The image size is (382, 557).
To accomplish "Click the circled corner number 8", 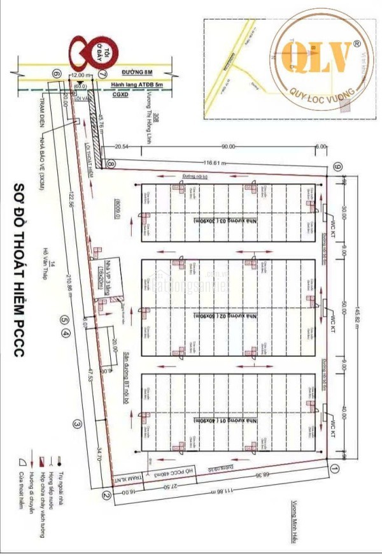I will (x=111, y=164).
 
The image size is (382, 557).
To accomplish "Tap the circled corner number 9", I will (x=338, y=167).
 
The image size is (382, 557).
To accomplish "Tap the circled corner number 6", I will (x=57, y=75).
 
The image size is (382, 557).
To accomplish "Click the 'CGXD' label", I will (x=120, y=93).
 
